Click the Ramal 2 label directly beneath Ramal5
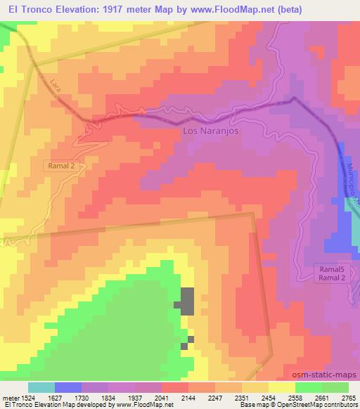click(330, 279)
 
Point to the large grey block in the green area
click(187, 301)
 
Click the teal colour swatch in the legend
click(41, 387)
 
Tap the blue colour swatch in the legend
click(68, 387)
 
